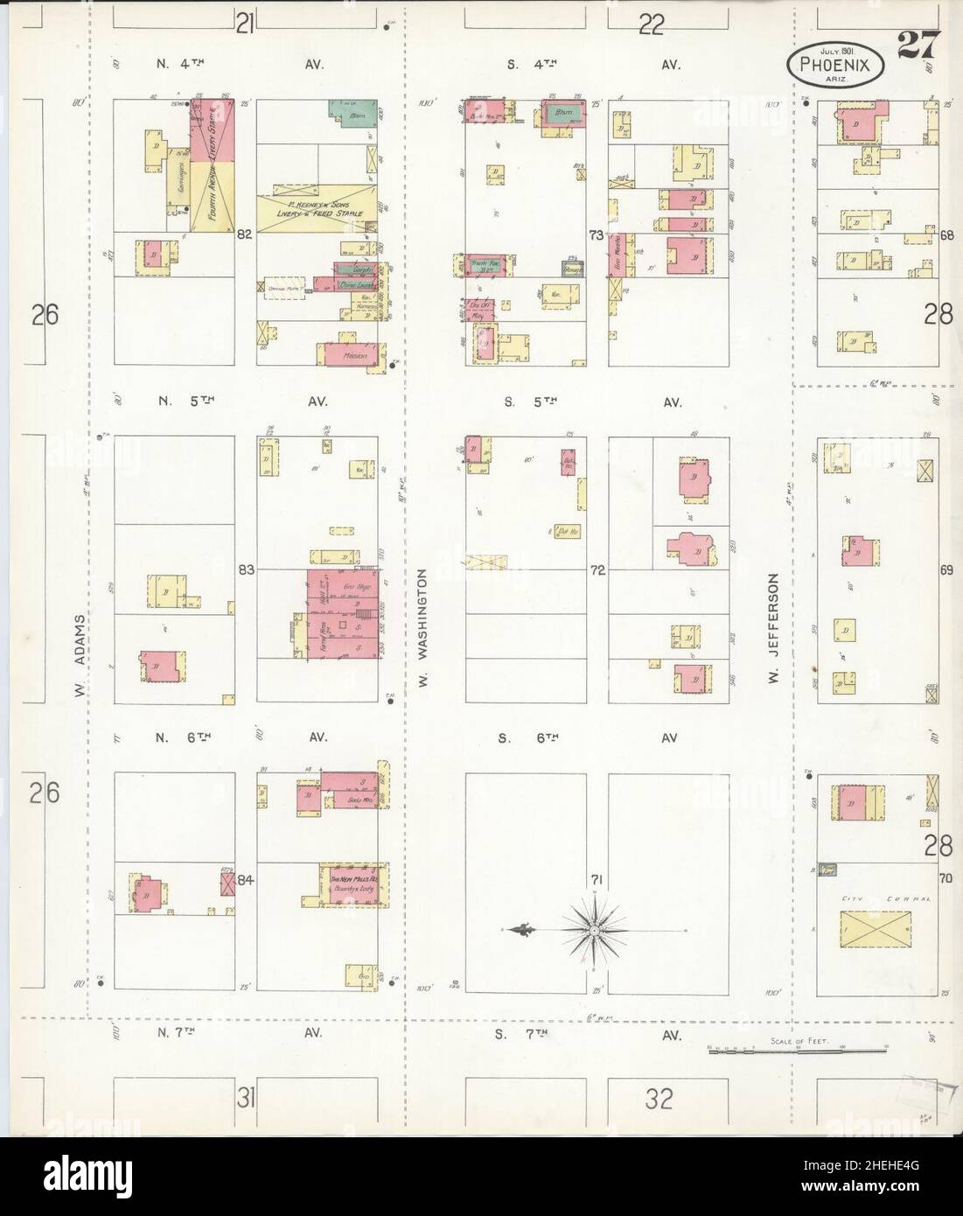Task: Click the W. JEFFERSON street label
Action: [773, 627]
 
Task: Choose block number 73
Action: [597, 234]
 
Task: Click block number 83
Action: [245, 570]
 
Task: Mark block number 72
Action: [597, 570]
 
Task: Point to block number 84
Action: [245, 880]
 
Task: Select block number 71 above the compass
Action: [597, 878]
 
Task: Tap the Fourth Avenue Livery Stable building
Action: [213, 162]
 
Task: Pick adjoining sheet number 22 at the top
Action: [650, 24]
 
